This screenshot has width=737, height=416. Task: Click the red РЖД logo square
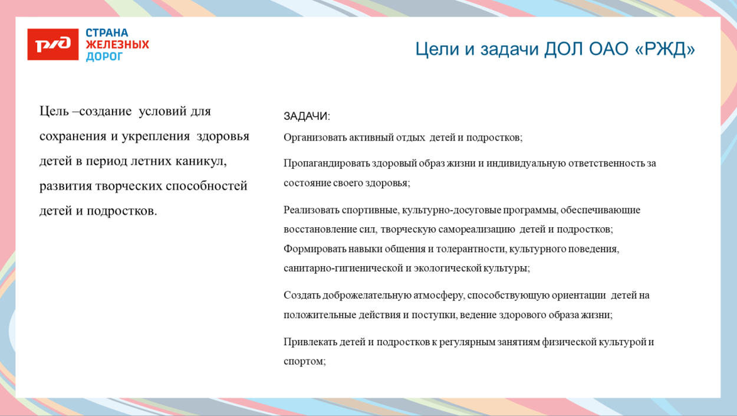(x=52, y=44)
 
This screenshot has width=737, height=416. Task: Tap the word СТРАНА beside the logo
(x=107, y=33)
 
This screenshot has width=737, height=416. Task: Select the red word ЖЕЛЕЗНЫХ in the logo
(x=117, y=45)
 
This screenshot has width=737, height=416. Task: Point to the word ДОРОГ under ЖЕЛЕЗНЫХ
(x=104, y=57)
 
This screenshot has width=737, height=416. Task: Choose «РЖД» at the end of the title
(x=666, y=49)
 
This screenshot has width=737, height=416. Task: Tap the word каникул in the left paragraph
(x=199, y=161)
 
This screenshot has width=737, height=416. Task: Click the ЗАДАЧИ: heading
(x=307, y=116)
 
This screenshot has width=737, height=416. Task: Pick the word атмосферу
(x=438, y=295)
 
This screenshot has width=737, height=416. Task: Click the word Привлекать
(x=310, y=342)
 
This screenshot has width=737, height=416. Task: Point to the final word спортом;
(x=304, y=361)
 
